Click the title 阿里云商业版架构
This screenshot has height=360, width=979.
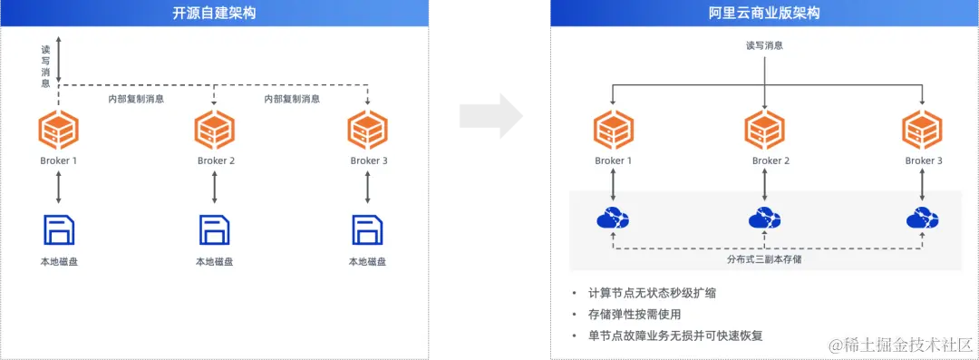click(764, 13)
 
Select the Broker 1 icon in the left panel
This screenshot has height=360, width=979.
click(59, 130)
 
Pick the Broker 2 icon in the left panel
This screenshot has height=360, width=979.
click(215, 130)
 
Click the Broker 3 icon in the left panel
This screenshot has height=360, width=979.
click(368, 130)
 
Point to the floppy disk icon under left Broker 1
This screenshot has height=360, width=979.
click(59, 229)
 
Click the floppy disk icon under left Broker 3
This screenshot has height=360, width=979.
click(368, 229)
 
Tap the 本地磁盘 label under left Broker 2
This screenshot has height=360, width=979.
click(215, 262)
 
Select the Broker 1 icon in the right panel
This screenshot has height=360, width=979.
click(613, 130)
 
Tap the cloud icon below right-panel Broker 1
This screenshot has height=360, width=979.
click(613, 219)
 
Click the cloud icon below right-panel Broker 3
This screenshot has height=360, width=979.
click(922, 219)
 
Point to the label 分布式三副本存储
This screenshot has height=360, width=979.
click(764, 259)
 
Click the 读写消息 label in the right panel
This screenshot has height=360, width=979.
click(764, 44)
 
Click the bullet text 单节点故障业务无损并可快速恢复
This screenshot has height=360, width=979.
click(675, 336)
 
